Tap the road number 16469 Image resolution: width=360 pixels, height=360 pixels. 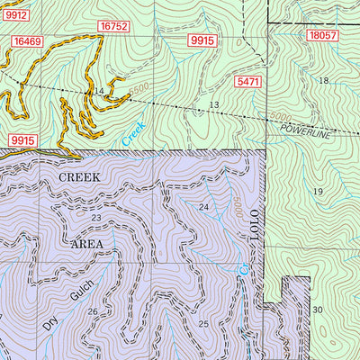pos(28,42)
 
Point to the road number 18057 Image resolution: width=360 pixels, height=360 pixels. pos(320,35)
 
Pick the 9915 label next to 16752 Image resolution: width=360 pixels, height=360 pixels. pos(202,41)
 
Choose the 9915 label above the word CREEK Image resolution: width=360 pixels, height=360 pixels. pos(22,140)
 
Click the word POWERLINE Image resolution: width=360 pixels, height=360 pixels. pos(304,130)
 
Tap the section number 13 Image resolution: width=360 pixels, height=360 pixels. pos(214,105)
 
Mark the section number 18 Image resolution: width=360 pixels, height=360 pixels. pos(323,81)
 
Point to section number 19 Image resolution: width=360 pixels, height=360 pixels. pos(317,193)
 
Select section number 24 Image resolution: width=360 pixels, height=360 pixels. pos(203,208)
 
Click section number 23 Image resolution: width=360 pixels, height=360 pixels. pos(96,218)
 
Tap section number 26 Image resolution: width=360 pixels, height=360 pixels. pos(93,312)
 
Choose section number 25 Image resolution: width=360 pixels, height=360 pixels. pos(203,324)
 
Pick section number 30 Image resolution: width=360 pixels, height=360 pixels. pos(317,310)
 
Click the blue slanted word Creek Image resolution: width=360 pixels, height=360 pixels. pos(133,135)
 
